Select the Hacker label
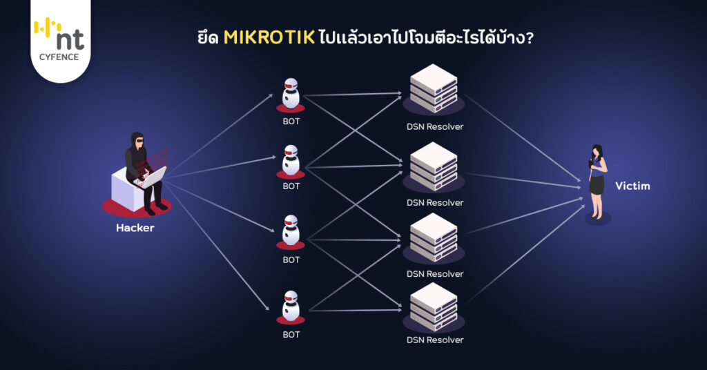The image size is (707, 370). pyautogui.click(x=135, y=228)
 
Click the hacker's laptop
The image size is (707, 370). pyautogui.click(x=153, y=177)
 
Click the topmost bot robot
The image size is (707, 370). pyautogui.click(x=291, y=94)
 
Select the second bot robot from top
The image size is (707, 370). pyautogui.click(x=291, y=161)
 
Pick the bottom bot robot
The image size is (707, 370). pyautogui.click(x=291, y=307)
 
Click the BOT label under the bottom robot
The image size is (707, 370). pyautogui.click(x=291, y=335)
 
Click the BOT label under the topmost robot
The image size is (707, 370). pyautogui.click(x=291, y=121)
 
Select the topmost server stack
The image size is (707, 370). pyautogui.click(x=434, y=88)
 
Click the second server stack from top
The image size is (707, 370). pyautogui.click(x=434, y=166)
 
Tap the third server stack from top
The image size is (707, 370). pyautogui.click(x=434, y=237)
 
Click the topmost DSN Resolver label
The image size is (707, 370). pyautogui.click(x=435, y=126)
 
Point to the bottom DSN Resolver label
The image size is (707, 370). pyautogui.click(x=435, y=340)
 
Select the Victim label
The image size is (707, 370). pyautogui.click(x=632, y=186)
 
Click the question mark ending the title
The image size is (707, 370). pyautogui.click(x=528, y=38)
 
